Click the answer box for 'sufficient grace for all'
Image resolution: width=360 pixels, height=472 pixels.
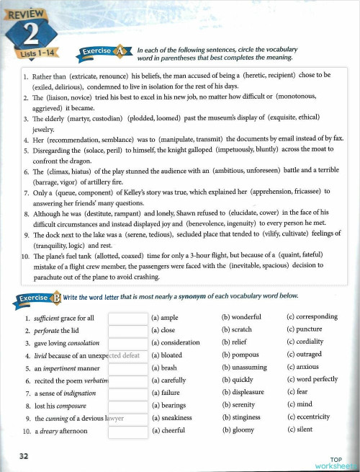coord(127,318)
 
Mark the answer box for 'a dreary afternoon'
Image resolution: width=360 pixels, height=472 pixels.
coord(127,431)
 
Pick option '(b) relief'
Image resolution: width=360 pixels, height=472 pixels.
coord(235,342)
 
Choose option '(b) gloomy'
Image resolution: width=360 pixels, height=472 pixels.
coord(238,430)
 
